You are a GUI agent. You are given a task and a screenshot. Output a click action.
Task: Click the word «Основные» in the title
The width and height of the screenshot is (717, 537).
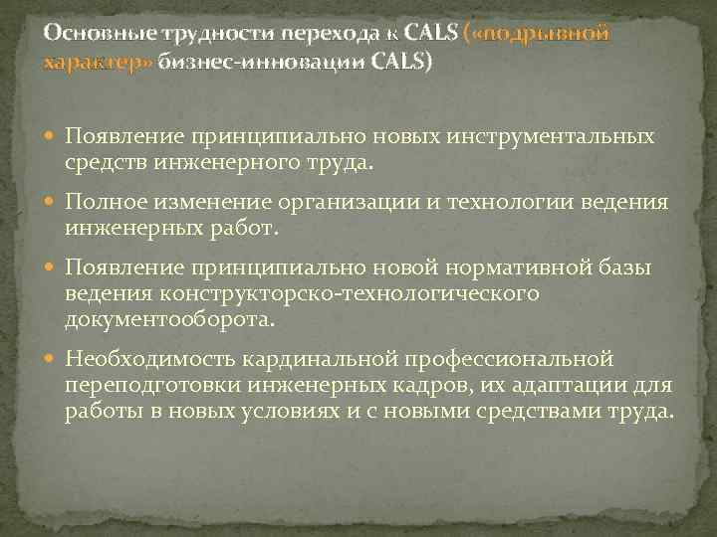pyautogui.click(x=91, y=33)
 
